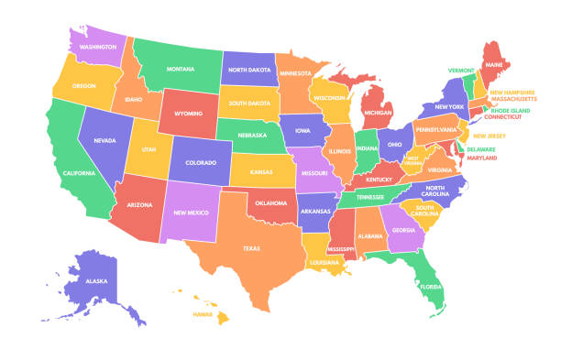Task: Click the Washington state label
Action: click(x=97, y=46)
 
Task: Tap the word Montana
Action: click(x=181, y=69)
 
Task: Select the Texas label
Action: click(x=251, y=247)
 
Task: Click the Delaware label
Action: click(x=482, y=148)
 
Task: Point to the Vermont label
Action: click(x=461, y=70)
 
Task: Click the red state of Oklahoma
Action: click(x=272, y=204)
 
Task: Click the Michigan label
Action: click(x=379, y=113)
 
